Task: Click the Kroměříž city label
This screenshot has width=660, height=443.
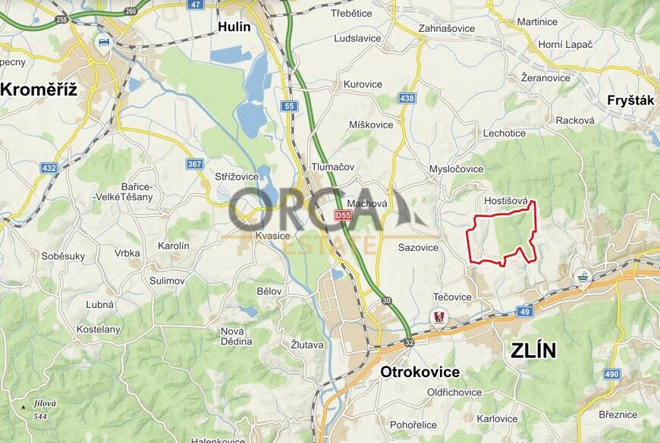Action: [39, 90]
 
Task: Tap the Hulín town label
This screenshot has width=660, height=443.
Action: [234, 27]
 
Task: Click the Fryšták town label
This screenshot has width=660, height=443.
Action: [630, 100]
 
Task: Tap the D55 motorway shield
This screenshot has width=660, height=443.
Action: [344, 215]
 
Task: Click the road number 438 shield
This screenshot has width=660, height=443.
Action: [407, 99]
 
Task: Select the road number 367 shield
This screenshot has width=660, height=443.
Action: [196, 163]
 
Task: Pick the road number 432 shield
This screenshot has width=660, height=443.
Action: [49, 167]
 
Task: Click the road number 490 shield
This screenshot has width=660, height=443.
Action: [612, 374]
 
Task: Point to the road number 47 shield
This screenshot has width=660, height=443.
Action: [196, 5]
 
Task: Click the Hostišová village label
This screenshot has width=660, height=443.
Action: [505, 201]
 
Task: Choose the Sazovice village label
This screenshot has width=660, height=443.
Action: [418, 247]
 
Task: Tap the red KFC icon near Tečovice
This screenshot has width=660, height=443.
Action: [438, 316]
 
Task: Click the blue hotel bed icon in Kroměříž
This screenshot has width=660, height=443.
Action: [104, 41]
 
